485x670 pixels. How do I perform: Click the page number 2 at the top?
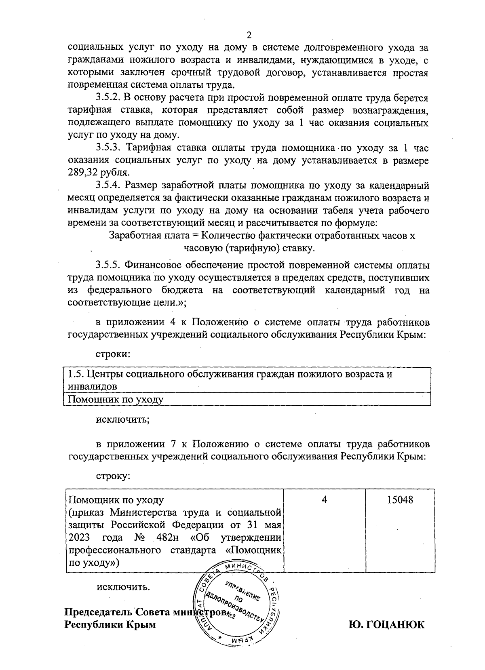coord(249,34)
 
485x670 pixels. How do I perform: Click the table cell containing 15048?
coord(400,499)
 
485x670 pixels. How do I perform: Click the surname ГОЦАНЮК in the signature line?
coord(386,625)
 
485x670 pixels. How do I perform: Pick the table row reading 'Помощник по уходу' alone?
coord(116,399)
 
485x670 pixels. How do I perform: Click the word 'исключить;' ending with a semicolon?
coord(122,419)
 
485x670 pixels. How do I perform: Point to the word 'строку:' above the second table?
coord(112,476)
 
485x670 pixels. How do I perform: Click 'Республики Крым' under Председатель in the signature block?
coord(110,625)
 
